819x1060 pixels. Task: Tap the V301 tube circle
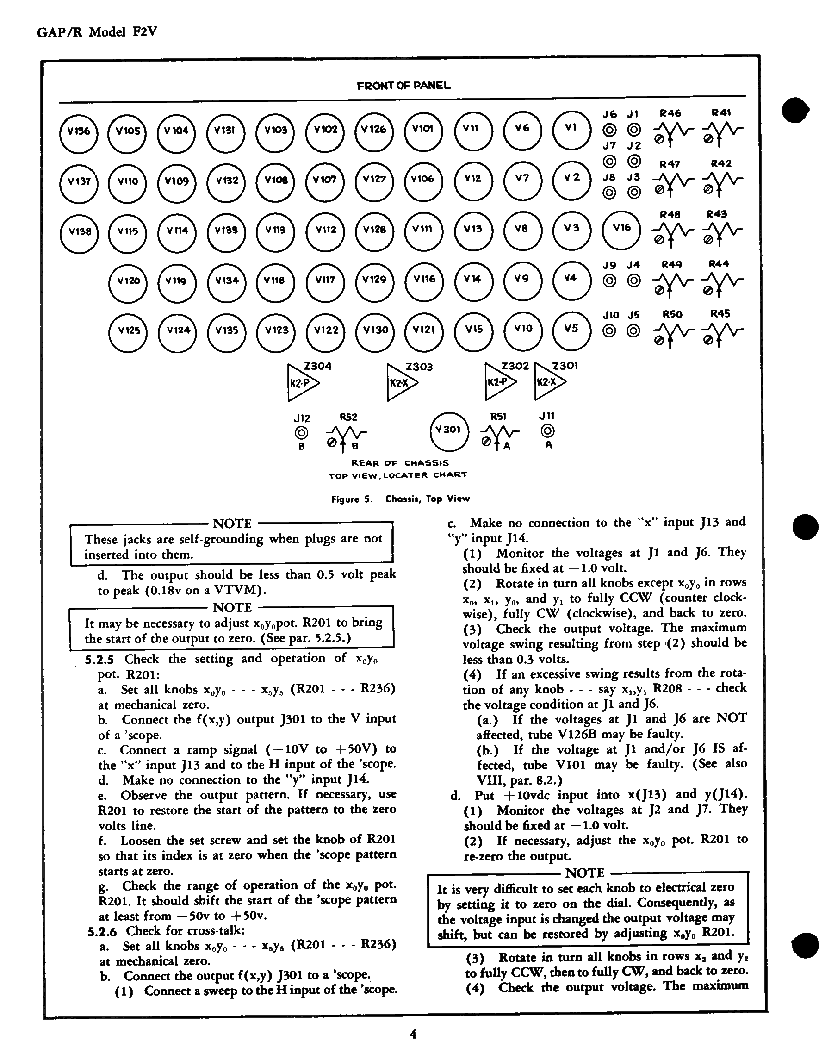[x=449, y=430]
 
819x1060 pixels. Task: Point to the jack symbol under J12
[x=301, y=432]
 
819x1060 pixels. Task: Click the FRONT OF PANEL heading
[x=403, y=86]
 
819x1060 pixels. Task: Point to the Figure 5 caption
[x=401, y=499]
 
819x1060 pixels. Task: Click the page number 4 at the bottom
[x=413, y=1034]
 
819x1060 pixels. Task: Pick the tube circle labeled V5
[x=572, y=330]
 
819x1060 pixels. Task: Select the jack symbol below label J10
[x=610, y=331]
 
